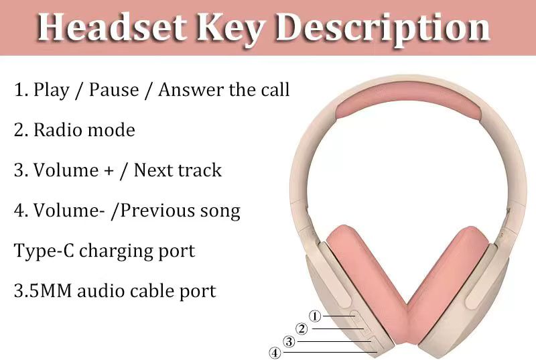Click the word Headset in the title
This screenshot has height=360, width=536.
point(111,27)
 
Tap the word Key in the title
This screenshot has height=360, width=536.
point(230,31)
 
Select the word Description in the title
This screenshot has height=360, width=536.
point(383,31)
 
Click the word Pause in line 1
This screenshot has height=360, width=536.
point(114,90)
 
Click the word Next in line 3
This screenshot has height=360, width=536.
point(152,170)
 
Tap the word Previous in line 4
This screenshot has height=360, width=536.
point(157,211)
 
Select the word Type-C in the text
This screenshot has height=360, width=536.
point(44,251)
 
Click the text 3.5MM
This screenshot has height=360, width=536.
point(43,291)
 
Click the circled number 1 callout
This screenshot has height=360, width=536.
point(315,316)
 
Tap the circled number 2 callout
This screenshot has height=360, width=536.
point(301,329)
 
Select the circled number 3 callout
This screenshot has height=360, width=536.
point(289,341)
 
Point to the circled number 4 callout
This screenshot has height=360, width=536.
point(275,353)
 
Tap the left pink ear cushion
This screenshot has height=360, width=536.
point(366,284)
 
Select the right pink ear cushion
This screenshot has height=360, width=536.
point(448,284)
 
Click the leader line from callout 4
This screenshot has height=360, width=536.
point(330,352)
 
